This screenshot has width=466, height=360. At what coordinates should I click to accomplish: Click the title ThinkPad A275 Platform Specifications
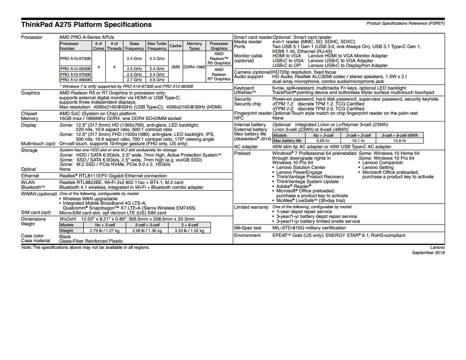86,25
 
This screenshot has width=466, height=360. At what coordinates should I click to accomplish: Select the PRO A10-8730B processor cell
75,58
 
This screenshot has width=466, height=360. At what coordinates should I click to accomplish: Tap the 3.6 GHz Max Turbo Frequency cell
157,79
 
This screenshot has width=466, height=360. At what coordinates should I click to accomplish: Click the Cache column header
175,46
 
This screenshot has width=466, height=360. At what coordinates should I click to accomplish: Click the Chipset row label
29,113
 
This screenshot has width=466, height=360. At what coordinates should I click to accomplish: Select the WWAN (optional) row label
39,194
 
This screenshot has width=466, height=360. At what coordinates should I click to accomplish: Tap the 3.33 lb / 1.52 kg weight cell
190,230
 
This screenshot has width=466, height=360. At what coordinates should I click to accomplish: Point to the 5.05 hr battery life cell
323,141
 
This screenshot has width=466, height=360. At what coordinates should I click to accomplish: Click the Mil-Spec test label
248,228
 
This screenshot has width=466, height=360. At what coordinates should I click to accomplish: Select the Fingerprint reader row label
253,113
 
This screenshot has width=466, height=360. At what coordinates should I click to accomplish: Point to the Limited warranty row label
251,207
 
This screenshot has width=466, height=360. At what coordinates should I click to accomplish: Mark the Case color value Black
65,236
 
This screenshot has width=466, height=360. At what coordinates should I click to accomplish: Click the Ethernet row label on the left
30,176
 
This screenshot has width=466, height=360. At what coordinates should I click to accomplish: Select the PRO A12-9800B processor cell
75,79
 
